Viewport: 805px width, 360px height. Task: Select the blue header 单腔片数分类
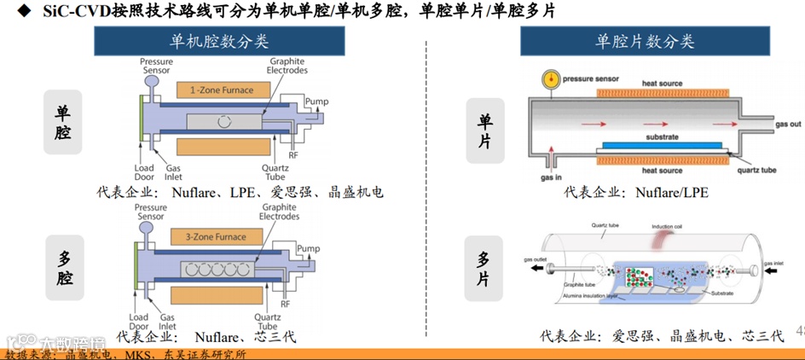[x=645, y=41]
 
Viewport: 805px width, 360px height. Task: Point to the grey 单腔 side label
[x=63, y=122]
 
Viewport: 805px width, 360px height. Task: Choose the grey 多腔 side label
[x=63, y=267]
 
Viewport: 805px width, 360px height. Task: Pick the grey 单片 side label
[x=484, y=131]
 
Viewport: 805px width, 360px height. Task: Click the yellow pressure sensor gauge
[x=551, y=79]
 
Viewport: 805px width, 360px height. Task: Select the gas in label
[x=551, y=179]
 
